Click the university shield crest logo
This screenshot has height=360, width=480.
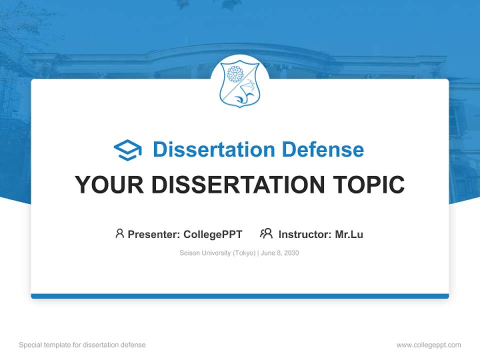239,83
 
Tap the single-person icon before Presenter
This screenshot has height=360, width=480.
119,233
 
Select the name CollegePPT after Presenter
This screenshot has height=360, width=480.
213,234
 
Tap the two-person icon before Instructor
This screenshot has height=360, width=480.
266,233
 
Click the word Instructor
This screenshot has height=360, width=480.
303,234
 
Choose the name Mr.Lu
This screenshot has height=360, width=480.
349,234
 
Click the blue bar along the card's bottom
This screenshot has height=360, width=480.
239,296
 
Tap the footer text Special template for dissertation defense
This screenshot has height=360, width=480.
82,345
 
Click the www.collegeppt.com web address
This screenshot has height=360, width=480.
428,345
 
